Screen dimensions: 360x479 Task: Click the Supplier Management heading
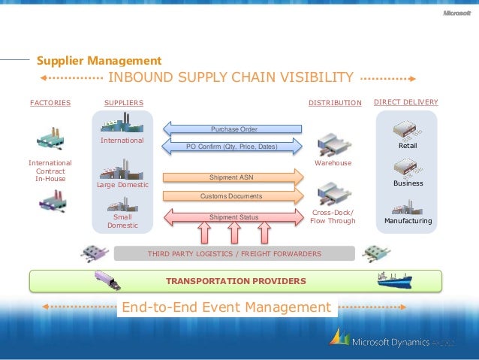[x=99, y=60]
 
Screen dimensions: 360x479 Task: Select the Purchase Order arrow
[x=233, y=129]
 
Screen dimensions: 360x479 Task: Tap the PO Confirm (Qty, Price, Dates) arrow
[x=233, y=147]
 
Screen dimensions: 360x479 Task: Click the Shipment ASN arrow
[x=233, y=178]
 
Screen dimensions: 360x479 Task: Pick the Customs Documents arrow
[x=233, y=196]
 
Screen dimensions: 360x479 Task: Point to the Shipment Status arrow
[x=233, y=217]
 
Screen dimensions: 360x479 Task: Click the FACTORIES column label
[x=50, y=102]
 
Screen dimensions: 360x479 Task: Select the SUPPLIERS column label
[x=123, y=102]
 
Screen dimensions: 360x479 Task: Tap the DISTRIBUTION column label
[x=335, y=102]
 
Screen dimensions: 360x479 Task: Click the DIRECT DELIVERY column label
[x=405, y=101]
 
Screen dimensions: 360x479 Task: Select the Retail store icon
[x=408, y=130]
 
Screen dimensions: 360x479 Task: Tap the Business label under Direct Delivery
[x=408, y=183]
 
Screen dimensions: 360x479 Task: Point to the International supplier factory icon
[x=121, y=123]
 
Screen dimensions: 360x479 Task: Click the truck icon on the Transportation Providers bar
[x=107, y=280]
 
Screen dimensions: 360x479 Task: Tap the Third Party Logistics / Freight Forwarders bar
[x=234, y=254]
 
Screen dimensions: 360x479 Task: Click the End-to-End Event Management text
[x=226, y=307]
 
